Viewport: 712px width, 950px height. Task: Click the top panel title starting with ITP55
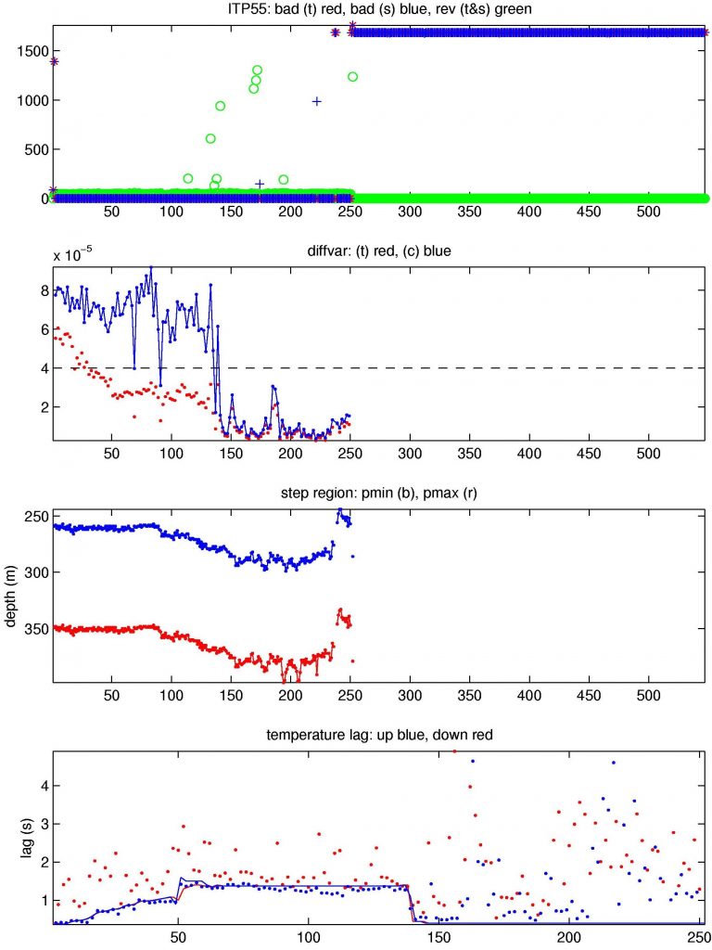pyautogui.click(x=378, y=8)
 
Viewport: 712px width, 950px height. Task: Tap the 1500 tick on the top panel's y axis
pyautogui.click(x=32, y=52)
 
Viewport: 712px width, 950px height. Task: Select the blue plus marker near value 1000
pyautogui.click(x=317, y=101)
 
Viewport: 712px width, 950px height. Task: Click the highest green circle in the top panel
pyautogui.click(x=258, y=71)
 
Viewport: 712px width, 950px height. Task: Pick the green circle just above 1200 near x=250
pyautogui.click(x=353, y=77)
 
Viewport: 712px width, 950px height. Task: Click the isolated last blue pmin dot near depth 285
pyautogui.click(x=353, y=556)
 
